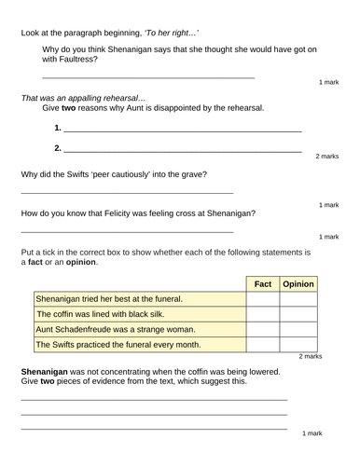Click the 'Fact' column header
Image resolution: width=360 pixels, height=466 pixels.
coord(262,282)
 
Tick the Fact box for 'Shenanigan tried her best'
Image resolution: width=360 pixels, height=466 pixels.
coord(262,299)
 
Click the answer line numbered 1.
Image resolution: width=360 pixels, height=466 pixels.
coord(182,130)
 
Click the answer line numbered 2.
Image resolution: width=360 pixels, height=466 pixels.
coord(182,151)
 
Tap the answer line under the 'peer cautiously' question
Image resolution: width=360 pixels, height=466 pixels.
coord(127,192)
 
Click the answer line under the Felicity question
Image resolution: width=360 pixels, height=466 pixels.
coord(127,230)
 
